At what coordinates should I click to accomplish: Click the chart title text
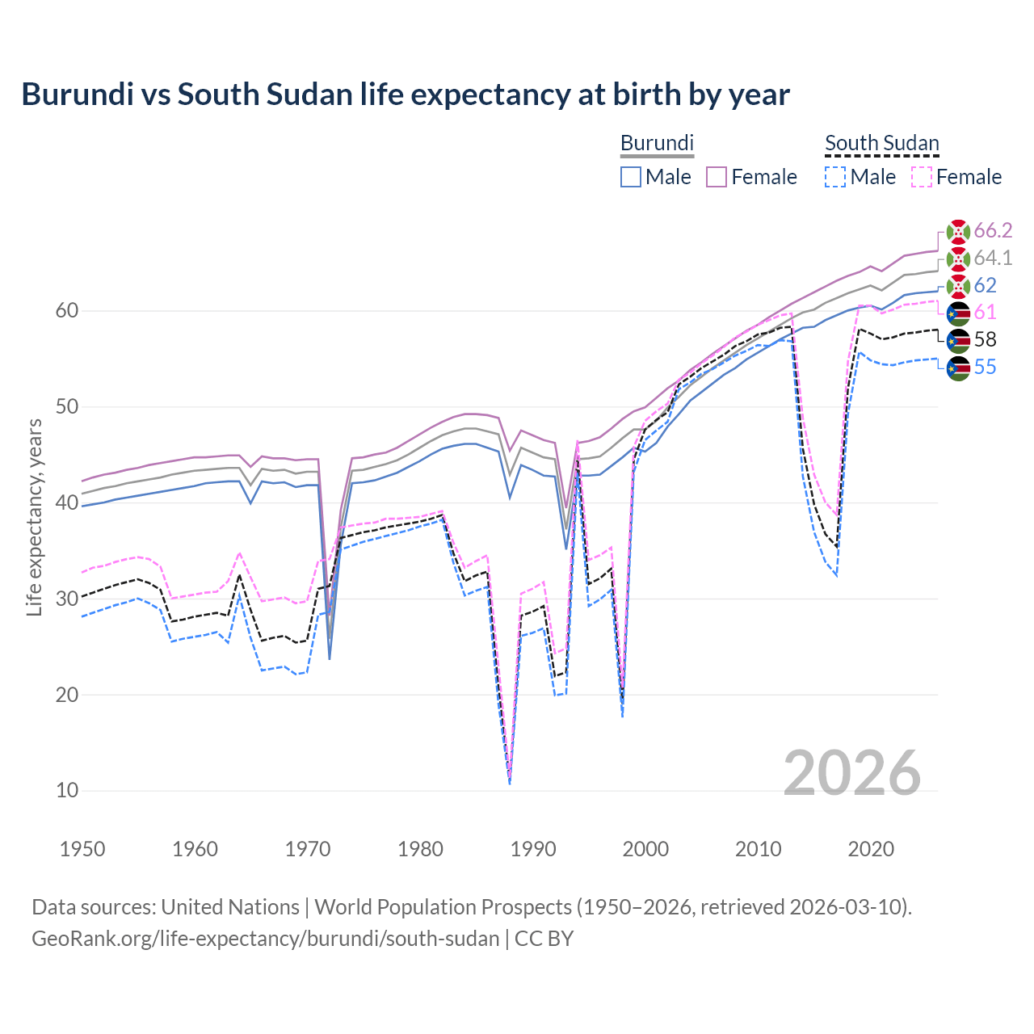coord(405,95)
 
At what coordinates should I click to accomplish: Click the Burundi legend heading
coord(657,143)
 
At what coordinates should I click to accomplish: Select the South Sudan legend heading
coord(881,143)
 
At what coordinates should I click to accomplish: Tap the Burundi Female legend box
coord(717,177)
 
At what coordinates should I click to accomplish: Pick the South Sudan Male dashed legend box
coord(835,177)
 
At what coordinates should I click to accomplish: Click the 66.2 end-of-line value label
coord(993,230)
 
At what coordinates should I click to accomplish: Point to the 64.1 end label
coord(993,258)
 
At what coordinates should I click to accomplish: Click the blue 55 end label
coord(985,367)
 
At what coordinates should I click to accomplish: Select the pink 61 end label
coord(985,312)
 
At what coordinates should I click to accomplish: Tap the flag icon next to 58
coord(958,340)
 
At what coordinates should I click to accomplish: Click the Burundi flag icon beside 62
coord(958,285)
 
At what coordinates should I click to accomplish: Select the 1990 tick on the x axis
coord(533,849)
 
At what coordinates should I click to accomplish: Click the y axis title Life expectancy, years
coord(34,517)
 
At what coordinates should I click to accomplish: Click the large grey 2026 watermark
coord(851,774)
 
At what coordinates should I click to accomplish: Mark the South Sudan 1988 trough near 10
coord(510,780)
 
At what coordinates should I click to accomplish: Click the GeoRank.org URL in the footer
coord(265,939)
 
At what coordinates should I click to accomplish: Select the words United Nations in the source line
coord(230,907)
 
